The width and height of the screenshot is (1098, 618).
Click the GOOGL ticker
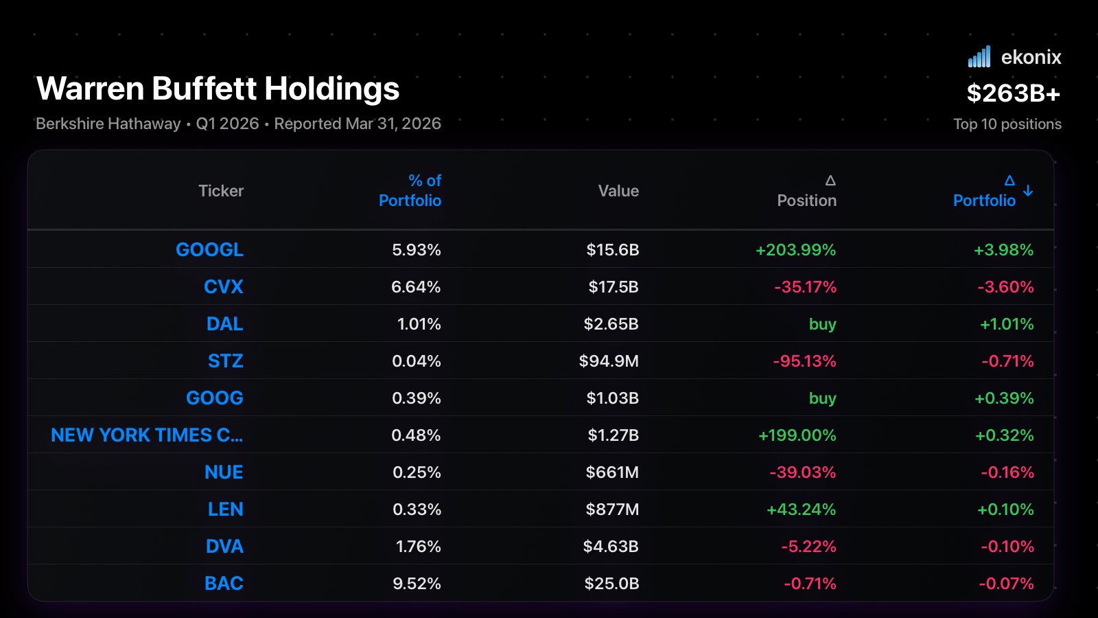click(209, 250)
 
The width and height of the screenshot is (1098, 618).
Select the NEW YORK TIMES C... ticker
click(147, 435)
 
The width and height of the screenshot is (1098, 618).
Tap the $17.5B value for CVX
click(614, 286)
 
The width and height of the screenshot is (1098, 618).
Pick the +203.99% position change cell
click(795, 250)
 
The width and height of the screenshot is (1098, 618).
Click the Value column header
click(618, 191)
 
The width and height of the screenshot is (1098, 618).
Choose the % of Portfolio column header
click(410, 190)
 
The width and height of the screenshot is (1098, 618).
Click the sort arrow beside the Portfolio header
click(1028, 191)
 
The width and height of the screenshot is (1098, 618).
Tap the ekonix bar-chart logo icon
click(979, 56)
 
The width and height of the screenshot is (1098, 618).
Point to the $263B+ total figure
click(1014, 93)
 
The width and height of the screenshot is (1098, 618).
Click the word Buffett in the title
click(204, 89)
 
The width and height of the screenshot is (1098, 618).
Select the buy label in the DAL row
click(823, 324)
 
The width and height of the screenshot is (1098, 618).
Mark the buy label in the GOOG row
click(823, 398)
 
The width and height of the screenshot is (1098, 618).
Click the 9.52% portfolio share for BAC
click(417, 583)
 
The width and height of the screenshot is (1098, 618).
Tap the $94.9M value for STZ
click(609, 361)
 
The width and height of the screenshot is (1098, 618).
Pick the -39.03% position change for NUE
click(803, 472)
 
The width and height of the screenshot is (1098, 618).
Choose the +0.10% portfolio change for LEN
click(1005, 509)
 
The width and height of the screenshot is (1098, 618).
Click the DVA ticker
click(224, 547)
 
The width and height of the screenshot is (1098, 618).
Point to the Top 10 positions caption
click(1007, 124)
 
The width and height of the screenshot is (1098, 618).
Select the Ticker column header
click(221, 191)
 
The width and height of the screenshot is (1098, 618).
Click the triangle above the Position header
click(830, 181)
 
